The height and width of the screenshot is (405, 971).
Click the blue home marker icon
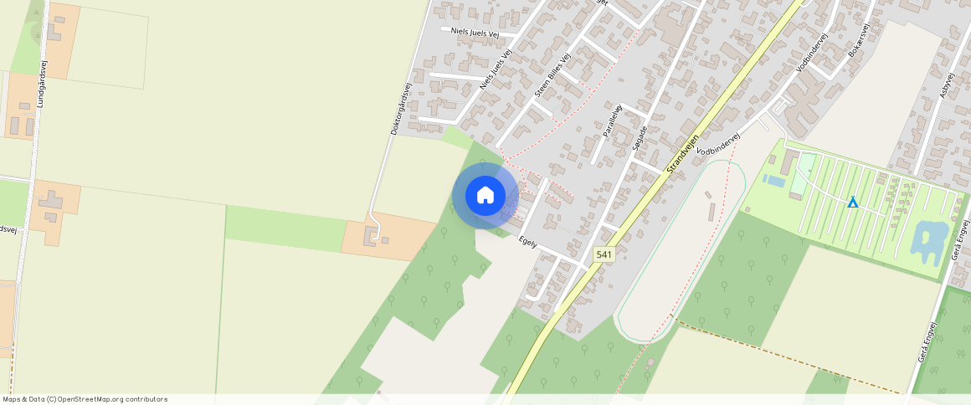coord(485,196)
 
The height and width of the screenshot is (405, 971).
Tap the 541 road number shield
coord(604,254)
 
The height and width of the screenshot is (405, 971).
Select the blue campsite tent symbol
coord(852,202)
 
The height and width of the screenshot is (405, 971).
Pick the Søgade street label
coord(639,141)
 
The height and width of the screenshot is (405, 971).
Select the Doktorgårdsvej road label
coord(403,109)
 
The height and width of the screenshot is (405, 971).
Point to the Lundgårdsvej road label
coord(42,84)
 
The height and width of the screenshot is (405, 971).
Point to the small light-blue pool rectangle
coord(774,180)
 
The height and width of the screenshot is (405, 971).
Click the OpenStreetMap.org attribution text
coord(112,399)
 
